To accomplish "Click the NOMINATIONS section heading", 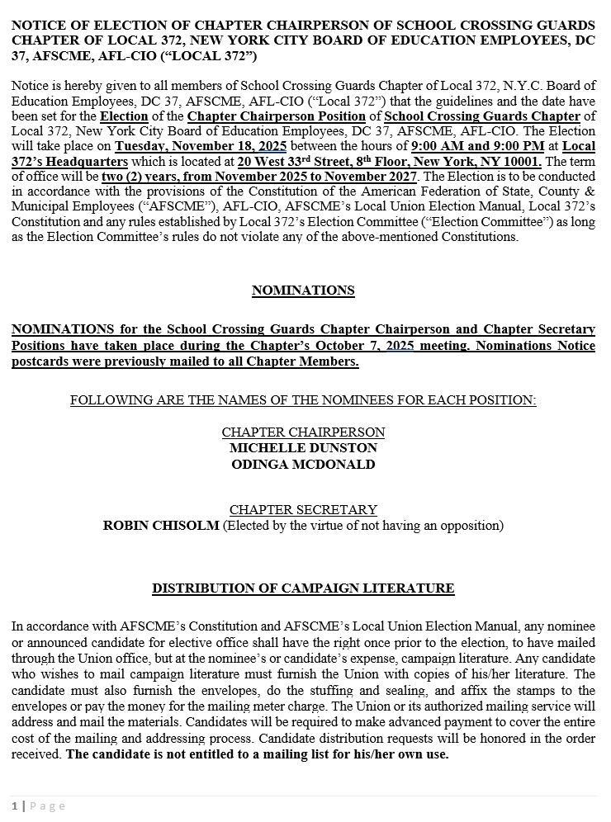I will tap(303, 291).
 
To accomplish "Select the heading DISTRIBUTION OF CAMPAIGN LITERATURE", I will tap(303, 588).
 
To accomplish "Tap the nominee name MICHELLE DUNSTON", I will tap(303, 448).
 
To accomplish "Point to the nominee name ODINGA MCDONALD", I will tap(303, 465).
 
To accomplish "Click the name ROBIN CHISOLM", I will tap(161, 526).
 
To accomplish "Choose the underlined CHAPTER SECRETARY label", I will tap(303, 510).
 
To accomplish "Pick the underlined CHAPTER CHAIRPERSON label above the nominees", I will tap(303, 432).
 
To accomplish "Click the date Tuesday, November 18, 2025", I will tap(201, 147).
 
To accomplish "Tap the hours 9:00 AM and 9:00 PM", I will tap(477, 147).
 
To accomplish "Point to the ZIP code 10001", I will tap(520, 162).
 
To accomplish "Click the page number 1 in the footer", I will tap(15, 806).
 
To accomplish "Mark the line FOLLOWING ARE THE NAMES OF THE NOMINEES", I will tap(303, 400).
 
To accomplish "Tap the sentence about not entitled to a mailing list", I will tap(258, 754).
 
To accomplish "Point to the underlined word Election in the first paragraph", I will tap(124, 116).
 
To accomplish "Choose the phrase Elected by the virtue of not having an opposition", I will tap(363, 526).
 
